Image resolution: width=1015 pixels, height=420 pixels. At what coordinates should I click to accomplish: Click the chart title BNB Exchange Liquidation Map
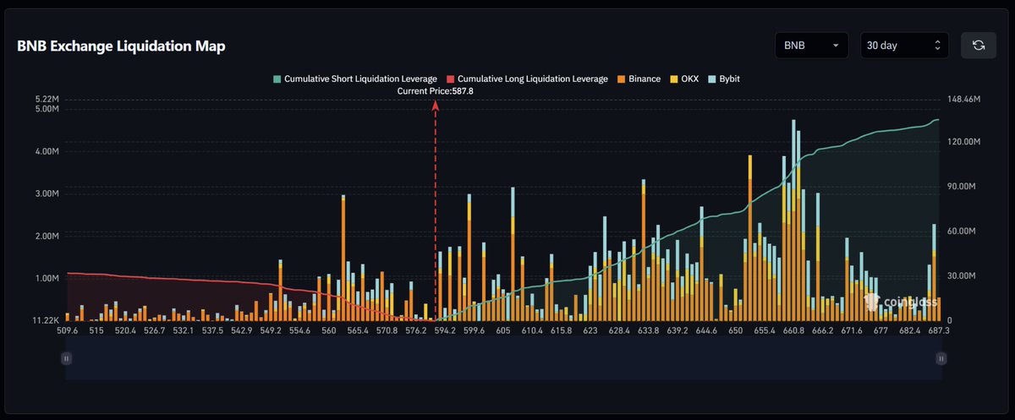pyautogui.click(x=121, y=46)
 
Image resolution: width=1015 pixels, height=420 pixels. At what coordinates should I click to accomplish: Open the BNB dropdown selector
pyautogui.click(x=811, y=46)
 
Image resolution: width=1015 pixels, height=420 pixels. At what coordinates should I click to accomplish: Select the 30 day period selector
pyautogui.click(x=903, y=46)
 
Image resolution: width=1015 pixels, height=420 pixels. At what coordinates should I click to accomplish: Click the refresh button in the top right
pyautogui.click(x=979, y=46)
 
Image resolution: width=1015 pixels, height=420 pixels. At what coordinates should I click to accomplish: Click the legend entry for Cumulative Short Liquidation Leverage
pyautogui.click(x=354, y=79)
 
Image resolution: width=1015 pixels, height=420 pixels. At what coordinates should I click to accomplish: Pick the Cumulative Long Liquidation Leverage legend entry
pyautogui.click(x=526, y=79)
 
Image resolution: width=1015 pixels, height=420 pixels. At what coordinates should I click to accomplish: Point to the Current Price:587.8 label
pyautogui.click(x=436, y=90)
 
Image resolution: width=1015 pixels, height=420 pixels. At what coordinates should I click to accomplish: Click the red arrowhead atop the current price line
pyautogui.click(x=436, y=106)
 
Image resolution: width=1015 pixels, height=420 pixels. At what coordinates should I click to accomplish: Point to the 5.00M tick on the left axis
pyautogui.click(x=46, y=109)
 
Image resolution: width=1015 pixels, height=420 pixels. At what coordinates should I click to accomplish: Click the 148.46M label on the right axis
pyautogui.click(x=963, y=99)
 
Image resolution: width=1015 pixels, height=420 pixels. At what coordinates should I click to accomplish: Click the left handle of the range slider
pyautogui.click(x=66, y=358)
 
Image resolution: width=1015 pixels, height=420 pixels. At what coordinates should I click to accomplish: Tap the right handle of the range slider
pyautogui.click(x=941, y=358)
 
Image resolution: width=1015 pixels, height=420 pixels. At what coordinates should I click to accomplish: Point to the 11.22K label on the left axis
pyautogui.click(x=45, y=320)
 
